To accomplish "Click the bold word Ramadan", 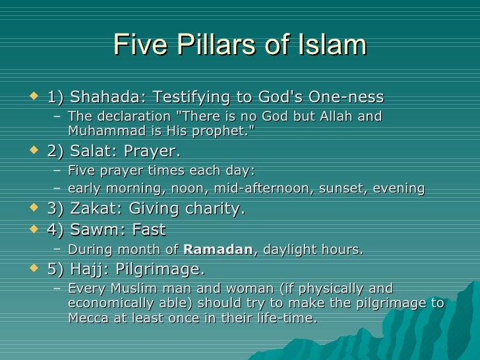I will point(218,250).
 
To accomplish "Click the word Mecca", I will point(88,317).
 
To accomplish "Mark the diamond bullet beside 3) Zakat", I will point(34,209).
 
